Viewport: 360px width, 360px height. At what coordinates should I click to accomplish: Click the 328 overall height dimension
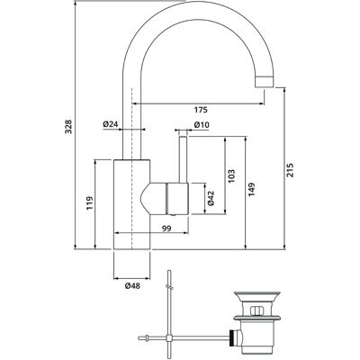[69, 127]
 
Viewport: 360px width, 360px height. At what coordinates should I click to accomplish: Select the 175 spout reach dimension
[201, 110]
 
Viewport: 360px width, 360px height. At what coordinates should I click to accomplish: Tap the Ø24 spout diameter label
[111, 124]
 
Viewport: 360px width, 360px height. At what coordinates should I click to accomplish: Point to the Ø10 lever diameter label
[202, 124]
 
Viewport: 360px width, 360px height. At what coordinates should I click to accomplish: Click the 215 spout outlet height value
[290, 170]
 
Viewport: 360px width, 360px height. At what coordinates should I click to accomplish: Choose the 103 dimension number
[231, 176]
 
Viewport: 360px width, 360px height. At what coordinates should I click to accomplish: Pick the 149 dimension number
[251, 189]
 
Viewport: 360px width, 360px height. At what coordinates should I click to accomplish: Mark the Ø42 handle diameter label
[211, 198]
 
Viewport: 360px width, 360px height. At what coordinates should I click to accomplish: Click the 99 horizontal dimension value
[166, 229]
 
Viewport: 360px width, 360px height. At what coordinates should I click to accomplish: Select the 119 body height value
[90, 203]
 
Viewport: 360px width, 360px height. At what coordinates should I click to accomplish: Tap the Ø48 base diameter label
[132, 286]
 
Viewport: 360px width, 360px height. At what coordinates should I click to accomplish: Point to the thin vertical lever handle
[184, 159]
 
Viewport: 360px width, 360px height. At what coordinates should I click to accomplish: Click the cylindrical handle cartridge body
[176, 198]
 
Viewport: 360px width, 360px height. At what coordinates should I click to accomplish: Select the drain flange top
[256, 292]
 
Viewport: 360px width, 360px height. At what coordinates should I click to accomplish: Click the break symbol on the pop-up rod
[170, 287]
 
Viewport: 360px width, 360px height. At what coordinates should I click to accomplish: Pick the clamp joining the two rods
[169, 338]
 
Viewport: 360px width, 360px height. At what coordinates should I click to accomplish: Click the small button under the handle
[172, 215]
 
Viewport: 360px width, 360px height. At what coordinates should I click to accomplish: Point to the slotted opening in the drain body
[256, 310]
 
